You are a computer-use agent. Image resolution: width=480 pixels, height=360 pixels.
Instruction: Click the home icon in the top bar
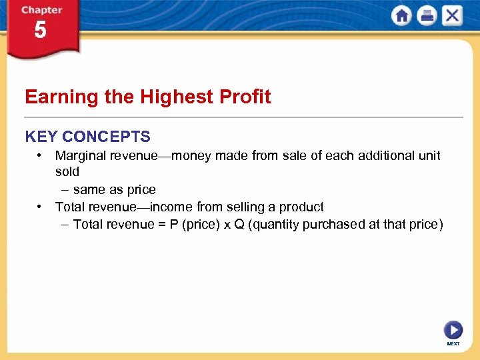(401, 15)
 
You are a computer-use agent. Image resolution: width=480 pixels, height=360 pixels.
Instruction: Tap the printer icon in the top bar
(427, 15)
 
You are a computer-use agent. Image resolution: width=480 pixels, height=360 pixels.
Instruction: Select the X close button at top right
(452, 15)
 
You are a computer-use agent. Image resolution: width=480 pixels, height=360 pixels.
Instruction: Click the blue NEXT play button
(453, 329)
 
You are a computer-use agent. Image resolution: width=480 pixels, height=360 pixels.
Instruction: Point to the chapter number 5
(41, 31)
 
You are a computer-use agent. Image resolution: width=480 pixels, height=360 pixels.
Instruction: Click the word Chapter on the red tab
(41, 10)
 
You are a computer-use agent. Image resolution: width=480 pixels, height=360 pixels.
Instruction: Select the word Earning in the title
(61, 97)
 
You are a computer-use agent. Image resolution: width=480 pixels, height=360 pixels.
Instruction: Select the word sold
(67, 172)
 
